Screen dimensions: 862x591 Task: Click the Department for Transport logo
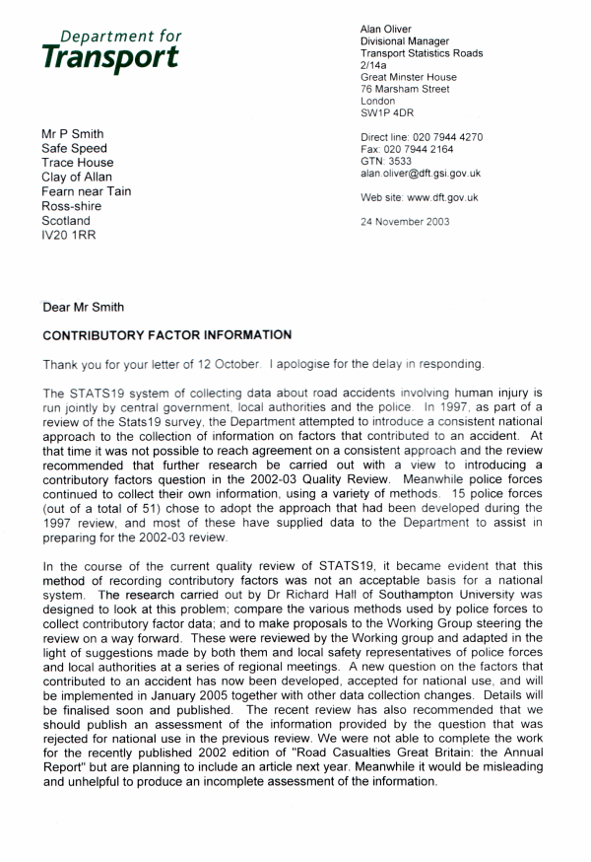click(111, 49)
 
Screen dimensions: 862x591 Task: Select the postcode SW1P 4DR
click(389, 113)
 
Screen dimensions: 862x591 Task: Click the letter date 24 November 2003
click(406, 222)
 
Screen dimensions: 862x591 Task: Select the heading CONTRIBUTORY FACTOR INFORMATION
click(166, 335)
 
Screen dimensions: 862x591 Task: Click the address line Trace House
click(77, 163)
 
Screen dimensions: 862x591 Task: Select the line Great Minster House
click(409, 77)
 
